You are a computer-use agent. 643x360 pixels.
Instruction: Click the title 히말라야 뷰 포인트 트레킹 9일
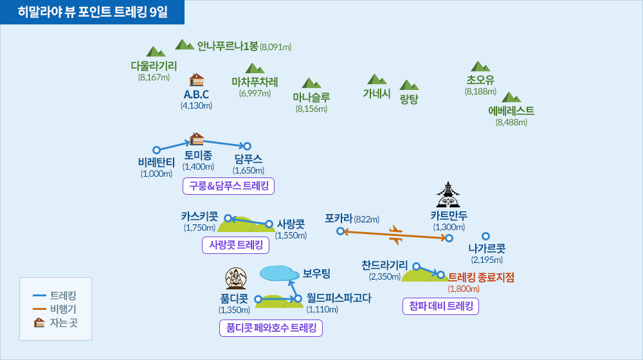click(93, 12)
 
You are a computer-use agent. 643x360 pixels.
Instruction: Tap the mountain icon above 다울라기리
click(156, 51)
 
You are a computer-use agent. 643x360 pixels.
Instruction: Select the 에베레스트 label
click(511, 111)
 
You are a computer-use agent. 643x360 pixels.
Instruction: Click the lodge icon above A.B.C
click(196, 80)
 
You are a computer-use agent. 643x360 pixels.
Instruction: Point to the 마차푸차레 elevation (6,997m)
click(255, 93)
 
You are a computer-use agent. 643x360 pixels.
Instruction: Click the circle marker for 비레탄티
click(156, 150)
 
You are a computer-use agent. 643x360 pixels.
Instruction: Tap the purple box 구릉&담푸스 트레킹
click(229, 186)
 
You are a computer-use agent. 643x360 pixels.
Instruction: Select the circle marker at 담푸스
click(247, 147)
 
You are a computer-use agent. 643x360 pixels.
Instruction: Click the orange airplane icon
click(395, 234)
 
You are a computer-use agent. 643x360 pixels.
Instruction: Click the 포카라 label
click(338, 218)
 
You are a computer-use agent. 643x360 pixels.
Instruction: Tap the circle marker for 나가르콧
click(486, 236)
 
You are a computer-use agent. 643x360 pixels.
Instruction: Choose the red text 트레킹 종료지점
click(481, 277)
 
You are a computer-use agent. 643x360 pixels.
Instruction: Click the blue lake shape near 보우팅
click(279, 273)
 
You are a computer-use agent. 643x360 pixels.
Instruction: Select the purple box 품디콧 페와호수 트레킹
click(271, 328)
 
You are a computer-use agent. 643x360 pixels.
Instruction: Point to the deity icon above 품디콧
click(237, 278)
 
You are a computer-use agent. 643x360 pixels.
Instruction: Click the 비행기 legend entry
click(62, 309)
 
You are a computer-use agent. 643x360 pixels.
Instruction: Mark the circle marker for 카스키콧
click(227, 219)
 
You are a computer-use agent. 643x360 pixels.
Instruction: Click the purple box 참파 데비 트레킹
click(440, 306)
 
